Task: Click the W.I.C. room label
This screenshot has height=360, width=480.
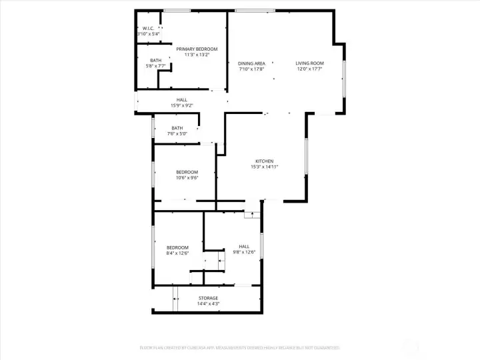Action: (x=148, y=28)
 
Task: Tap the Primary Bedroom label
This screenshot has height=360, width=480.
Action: (x=197, y=49)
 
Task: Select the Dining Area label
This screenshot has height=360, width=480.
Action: (x=251, y=63)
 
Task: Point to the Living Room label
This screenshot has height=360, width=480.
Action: (x=309, y=63)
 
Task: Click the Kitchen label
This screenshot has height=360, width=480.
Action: (x=264, y=161)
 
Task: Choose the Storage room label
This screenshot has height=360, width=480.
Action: (x=208, y=298)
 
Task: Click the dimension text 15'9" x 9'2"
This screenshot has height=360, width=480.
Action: (x=181, y=105)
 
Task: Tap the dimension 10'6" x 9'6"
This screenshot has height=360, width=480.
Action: (x=187, y=177)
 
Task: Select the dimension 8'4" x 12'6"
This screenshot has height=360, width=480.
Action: (x=177, y=253)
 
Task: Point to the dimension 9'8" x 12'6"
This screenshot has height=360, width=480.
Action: (x=244, y=253)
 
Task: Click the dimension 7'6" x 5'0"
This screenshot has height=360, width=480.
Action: (x=177, y=134)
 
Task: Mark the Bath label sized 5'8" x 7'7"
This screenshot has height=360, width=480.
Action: (x=155, y=61)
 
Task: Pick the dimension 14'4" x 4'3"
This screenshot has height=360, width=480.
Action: (x=208, y=304)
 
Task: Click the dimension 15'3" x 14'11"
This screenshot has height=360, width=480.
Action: (x=264, y=167)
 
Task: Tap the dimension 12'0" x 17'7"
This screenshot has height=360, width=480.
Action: (x=309, y=69)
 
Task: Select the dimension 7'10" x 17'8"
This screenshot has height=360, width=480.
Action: (x=251, y=69)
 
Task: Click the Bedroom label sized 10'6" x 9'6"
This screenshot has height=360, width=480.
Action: (x=187, y=172)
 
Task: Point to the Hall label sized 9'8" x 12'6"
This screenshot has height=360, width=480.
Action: (x=244, y=247)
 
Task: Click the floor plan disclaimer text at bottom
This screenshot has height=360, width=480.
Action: (x=240, y=347)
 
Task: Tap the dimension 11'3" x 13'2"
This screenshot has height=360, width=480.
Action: (x=197, y=55)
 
